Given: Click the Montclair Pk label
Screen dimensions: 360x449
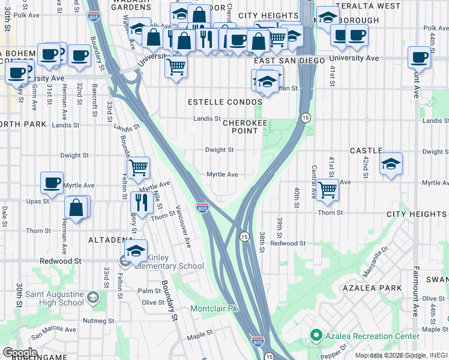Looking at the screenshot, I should [x=214, y=308].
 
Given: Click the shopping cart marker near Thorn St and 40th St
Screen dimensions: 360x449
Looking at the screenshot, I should [x=327, y=189].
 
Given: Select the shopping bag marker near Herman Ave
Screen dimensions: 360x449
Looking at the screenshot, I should [x=76, y=208].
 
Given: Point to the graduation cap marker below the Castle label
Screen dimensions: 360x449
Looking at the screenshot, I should [x=391, y=163].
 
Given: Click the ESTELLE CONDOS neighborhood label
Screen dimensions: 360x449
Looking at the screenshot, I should [x=225, y=102].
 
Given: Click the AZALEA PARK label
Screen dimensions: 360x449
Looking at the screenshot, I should [x=377, y=289].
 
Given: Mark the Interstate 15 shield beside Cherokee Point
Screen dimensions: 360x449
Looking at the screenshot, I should [x=306, y=117].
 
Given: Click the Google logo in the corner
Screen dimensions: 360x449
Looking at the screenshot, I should [x=19, y=353].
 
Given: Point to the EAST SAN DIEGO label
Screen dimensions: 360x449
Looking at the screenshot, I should [x=289, y=61].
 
